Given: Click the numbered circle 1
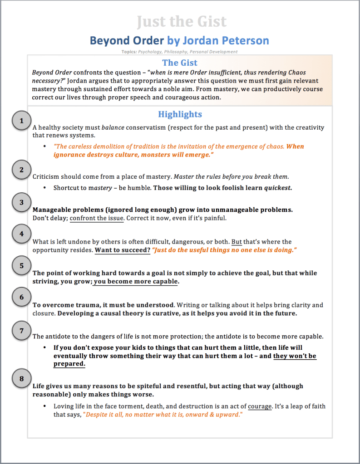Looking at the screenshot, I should point(21,121).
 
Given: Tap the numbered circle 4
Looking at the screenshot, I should point(21,234).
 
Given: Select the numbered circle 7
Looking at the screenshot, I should point(21,331).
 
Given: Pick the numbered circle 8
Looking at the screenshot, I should point(21,378).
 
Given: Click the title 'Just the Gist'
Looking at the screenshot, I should point(181,21).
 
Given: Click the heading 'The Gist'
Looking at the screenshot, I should point(180,63).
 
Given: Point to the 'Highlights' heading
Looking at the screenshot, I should point(180,114).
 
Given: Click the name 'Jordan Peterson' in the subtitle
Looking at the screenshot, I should point(226,40).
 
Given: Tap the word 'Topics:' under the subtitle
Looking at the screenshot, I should point(129,52).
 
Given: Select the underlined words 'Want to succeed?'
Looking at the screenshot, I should point(122,250).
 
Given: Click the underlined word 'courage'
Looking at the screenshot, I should point(260,406).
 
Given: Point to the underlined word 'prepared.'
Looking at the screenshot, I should point(69,364).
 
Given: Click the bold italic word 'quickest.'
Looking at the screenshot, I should point(278,187).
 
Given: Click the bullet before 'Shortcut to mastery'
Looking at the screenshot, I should point(44,187).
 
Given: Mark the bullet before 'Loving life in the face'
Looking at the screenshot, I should point(44,406).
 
